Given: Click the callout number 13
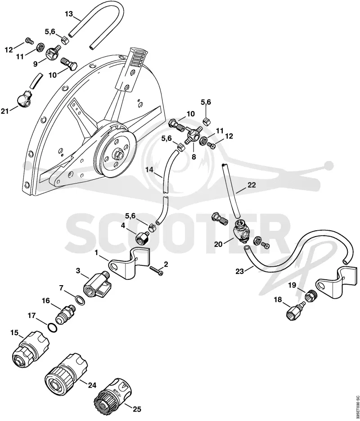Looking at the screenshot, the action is (x=69, y=13).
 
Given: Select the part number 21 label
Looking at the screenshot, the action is (x=5, y=111).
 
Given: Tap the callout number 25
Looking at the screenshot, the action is (x=137, y=409).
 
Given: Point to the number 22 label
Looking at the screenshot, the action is (x=252, y=185).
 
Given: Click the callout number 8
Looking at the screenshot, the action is (x=193, y=157).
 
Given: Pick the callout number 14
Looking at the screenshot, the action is (x=149, y=170).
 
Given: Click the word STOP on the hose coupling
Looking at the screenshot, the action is (x=117, y=393).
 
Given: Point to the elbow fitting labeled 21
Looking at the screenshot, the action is (x=24, y=98).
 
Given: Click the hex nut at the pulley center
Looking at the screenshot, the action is (x=118, y=154).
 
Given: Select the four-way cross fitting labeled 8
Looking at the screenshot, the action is (x=193, y=135).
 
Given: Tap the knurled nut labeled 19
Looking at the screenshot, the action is (x=311, y=296).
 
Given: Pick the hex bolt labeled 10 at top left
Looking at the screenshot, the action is (x=69, y=64).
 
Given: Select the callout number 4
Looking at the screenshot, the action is (x=123, y=225).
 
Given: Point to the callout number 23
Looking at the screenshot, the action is (x=240, y=271).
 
